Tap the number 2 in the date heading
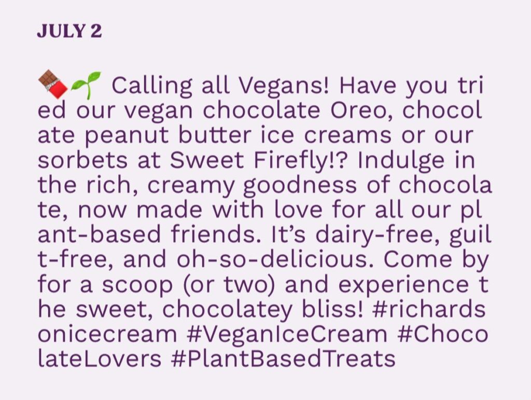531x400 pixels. coord(96,31)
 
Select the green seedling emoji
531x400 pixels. coord(87,86)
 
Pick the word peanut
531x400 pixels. coord(127,136)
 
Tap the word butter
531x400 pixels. coord(215,135)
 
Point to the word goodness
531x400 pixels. coord(300,186)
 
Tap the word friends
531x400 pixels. coord(213,235)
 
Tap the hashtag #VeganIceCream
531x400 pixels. coord(286,334)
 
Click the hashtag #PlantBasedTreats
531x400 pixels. coord(283,358)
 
